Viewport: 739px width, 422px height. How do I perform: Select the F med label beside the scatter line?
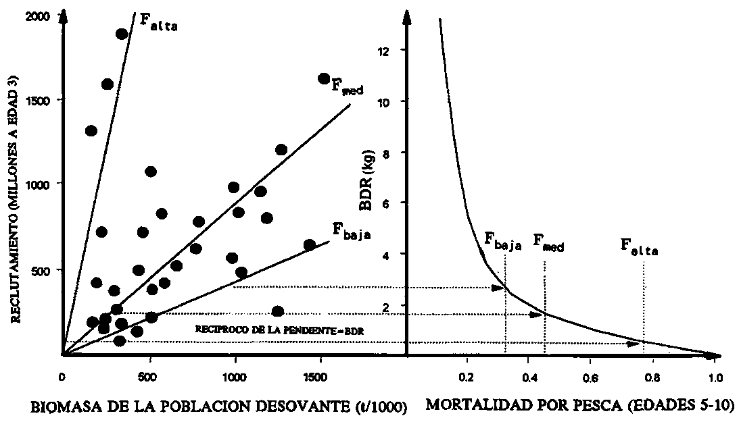tap(348, 86)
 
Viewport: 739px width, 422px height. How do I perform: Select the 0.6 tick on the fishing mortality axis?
tap(590, 377)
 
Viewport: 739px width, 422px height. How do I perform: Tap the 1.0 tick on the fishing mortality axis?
tap(715, 377)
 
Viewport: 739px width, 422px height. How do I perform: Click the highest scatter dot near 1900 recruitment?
tap(122, 34)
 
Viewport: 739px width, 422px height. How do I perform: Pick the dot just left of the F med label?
tap(324, 79)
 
